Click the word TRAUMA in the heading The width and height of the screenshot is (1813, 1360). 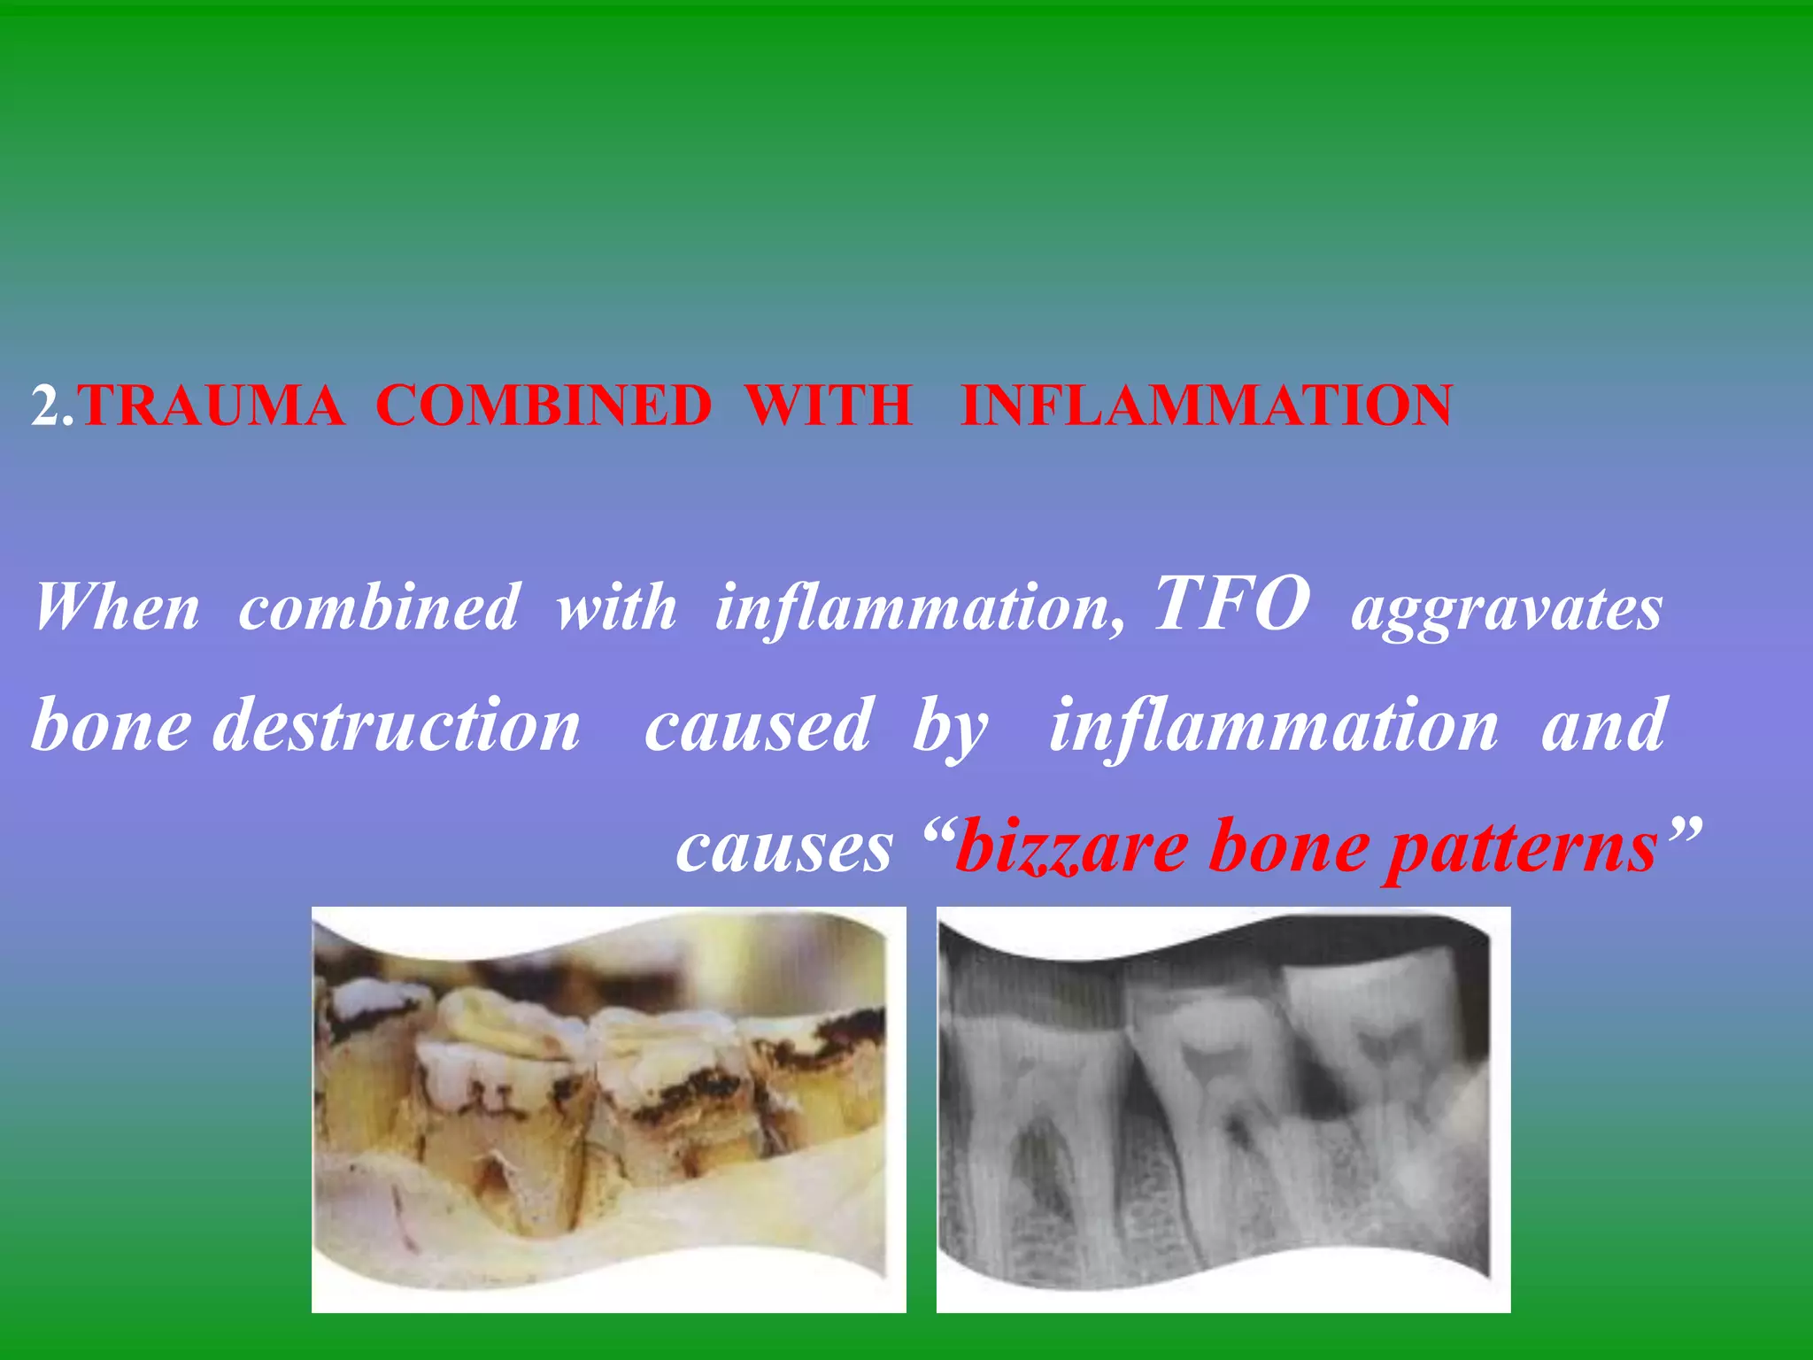coord(212,406)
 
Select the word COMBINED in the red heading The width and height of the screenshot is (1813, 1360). coord(544,406)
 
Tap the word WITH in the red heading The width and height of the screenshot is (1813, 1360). coord(829,406)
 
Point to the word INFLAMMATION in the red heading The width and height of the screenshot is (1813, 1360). coord(1207,406)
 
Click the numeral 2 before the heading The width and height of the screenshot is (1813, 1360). coord(45,406)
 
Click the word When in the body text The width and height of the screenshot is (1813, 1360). coord(117,607)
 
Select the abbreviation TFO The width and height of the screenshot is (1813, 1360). coord(1231,604)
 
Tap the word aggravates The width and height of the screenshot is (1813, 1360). coord(1507,611)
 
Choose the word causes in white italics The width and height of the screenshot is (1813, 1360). coord(784,846)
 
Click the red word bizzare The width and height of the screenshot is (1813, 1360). coord(1071,846)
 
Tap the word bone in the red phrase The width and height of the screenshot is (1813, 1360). coord(1288,846)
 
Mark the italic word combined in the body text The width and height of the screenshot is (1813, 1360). coord(378,607)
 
